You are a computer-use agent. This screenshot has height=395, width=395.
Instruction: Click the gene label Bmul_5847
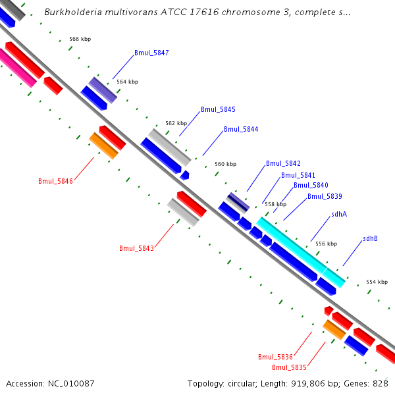point(151,53)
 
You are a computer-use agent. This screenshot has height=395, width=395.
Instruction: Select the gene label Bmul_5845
point(218,109)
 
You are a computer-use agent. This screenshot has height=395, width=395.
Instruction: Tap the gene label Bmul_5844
point(241,130)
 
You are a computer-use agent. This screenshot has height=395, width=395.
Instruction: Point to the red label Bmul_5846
point(55,181)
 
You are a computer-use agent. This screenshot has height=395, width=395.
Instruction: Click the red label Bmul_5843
point(136,248)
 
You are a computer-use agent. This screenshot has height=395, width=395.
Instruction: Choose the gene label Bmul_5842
point(283,163)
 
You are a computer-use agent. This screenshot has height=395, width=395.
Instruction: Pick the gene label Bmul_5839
point(325,196)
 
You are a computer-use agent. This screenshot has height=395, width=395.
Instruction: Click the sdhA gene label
point(339,214)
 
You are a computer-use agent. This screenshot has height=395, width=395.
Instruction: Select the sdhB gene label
point(370,238)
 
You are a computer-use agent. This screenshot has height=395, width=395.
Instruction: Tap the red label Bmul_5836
point(275,357)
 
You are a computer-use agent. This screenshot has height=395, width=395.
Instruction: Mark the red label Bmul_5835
point(289,367)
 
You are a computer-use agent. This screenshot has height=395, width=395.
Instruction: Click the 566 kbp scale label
point(80,39)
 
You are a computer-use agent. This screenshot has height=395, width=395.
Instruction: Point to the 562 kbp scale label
point(176,123)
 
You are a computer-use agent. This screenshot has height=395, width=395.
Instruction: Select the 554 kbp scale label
point(377,282)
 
